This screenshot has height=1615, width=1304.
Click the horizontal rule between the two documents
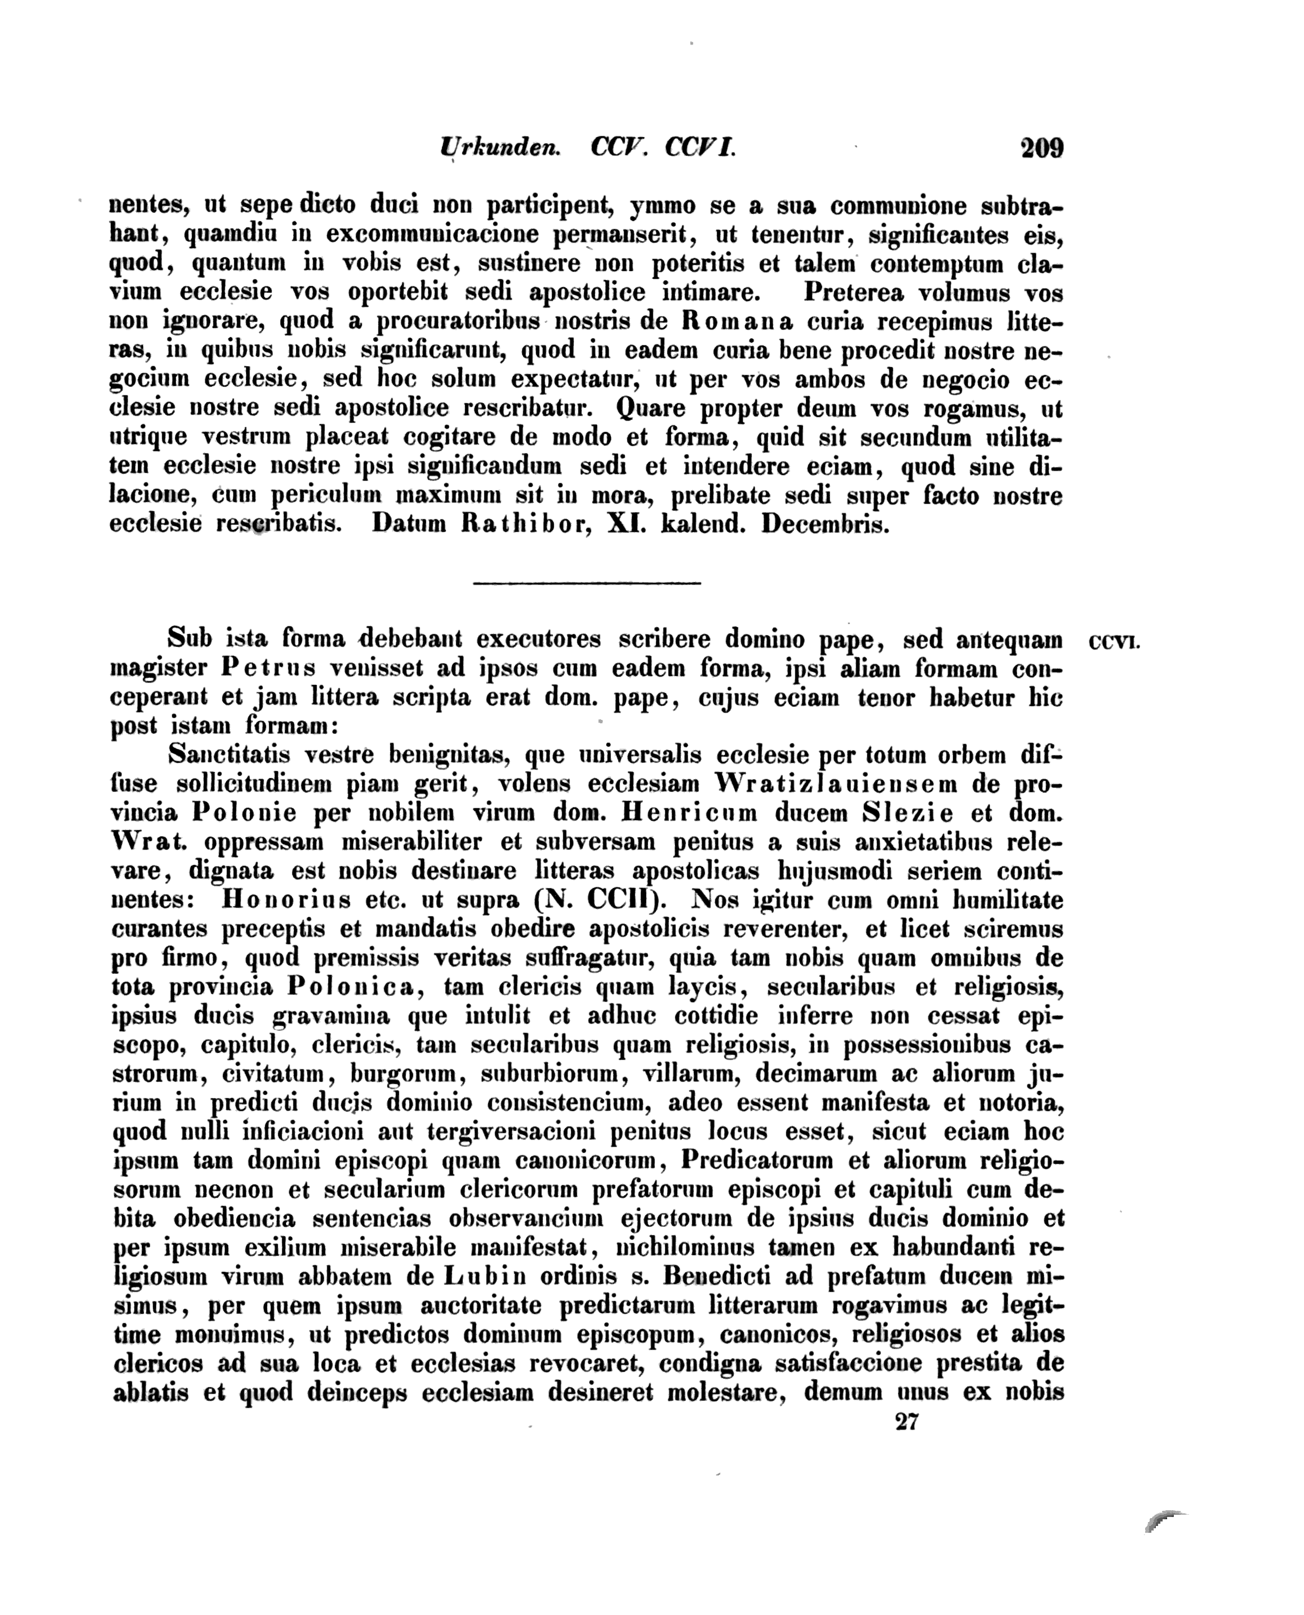(586, 582)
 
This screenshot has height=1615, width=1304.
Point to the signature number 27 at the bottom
(907, 1422)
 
